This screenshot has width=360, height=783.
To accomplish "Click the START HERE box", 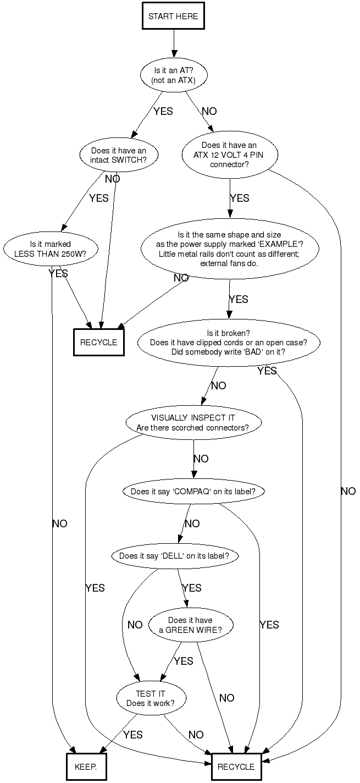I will [x=173, y=16].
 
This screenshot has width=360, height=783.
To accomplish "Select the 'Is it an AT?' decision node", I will [x=173, y=75].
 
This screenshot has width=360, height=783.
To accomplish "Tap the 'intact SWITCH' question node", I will [x=118, y=156].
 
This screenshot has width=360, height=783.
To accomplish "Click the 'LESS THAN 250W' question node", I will [x=50, y=249].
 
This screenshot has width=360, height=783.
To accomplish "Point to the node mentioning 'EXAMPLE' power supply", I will [x=229, y=249].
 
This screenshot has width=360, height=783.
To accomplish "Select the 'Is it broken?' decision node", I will [x=228, y=342].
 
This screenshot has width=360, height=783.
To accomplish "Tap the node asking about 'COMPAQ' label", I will [x=192, y=491].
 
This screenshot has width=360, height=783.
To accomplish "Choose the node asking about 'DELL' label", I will [x=178, y=556].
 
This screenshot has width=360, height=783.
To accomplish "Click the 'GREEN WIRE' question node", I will [x=190, y=625].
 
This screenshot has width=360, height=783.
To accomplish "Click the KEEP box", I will [x=85, y=767].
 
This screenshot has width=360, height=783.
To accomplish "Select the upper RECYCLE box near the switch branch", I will [x=99, y=342].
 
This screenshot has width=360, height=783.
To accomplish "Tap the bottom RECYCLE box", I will [x=236, y=767].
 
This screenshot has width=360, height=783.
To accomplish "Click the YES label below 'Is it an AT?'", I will [x=163, y=112].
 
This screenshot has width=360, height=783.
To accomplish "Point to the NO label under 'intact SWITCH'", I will [x=112, y=179].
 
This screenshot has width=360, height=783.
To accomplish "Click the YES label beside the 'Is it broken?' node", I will [x=267, y=371].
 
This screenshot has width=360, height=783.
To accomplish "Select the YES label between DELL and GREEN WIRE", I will [x=191, y=588].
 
